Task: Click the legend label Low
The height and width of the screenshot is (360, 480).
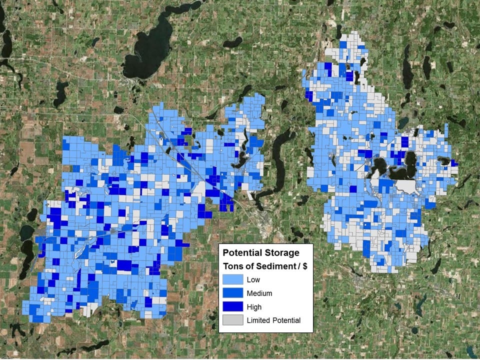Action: (253, 280)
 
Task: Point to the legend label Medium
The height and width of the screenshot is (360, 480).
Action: (260, 293)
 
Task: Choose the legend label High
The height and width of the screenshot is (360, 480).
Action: (254, 307)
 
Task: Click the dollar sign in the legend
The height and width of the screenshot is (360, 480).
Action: (304, 266)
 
